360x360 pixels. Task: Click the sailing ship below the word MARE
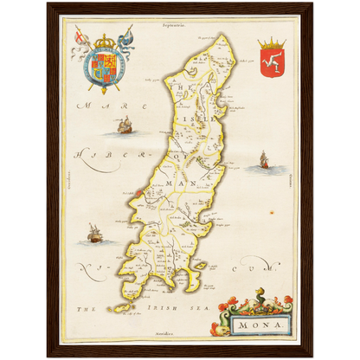click(x=124, y=127)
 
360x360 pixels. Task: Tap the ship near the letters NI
click(x=93, y=234)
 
